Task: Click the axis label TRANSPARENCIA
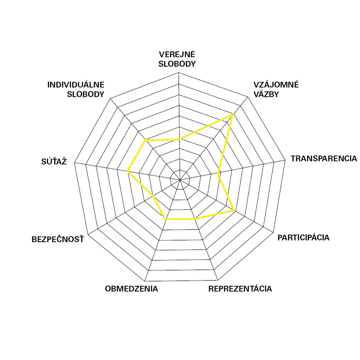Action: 324,159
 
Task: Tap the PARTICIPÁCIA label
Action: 303,237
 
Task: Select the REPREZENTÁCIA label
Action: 240,289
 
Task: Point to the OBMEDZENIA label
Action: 131,289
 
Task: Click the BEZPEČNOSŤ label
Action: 58,239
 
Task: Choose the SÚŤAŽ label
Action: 54,161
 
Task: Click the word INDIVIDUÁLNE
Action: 76,85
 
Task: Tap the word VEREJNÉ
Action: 177,54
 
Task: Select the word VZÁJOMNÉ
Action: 276,85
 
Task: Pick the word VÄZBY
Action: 266,94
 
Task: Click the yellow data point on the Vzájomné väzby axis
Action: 233,114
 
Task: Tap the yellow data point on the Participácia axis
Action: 234,210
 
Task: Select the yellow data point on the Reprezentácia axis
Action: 194,219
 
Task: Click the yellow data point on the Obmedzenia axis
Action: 166,219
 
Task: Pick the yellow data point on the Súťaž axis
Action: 127,171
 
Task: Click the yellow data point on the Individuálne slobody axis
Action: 145,140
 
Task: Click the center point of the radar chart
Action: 180,180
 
